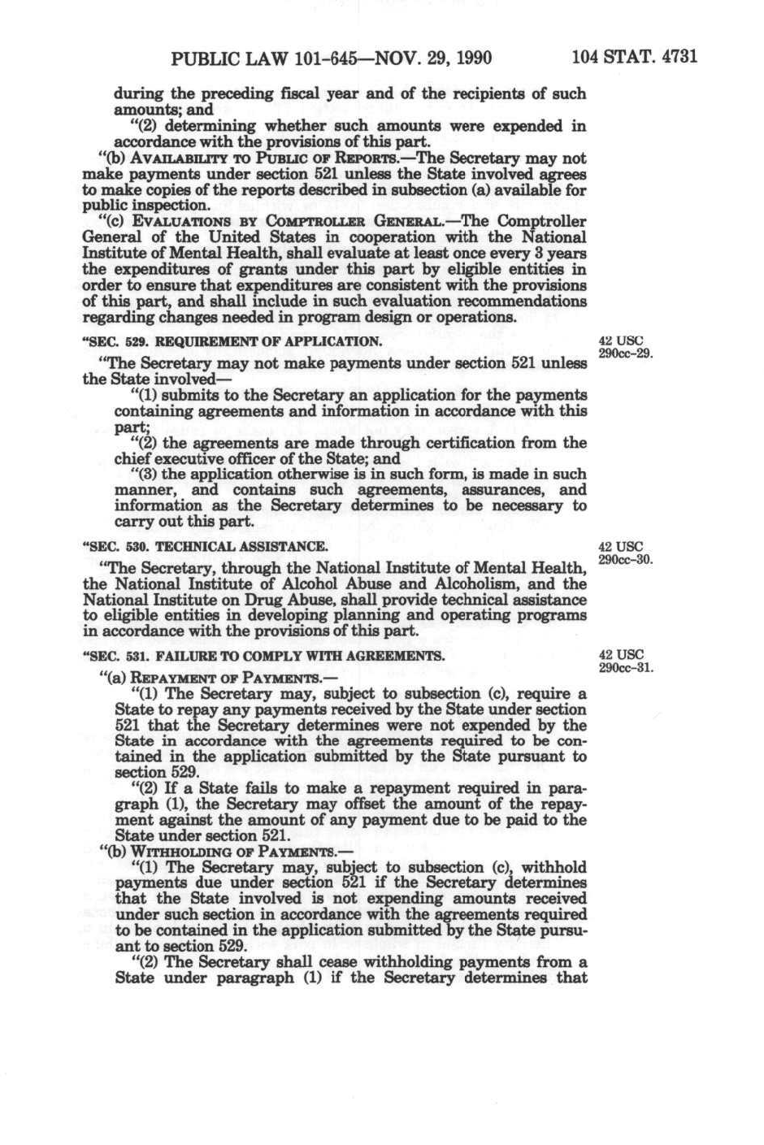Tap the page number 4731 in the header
pos(679,58)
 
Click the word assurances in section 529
pos(494,490)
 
